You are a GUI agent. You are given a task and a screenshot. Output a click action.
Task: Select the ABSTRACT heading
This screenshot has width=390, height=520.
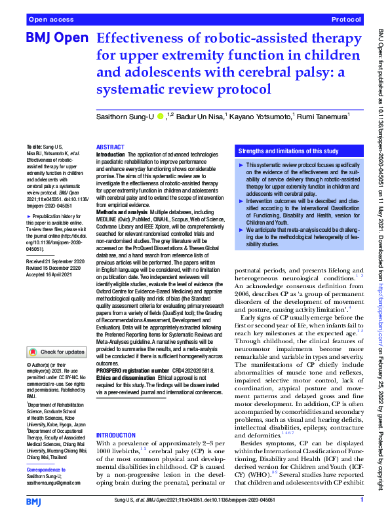tap(109, 148)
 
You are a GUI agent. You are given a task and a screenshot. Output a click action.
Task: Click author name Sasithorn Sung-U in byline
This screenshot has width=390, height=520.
tap(127, 117)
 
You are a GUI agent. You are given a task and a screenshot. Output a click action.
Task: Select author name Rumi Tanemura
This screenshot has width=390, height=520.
tap(323, 117)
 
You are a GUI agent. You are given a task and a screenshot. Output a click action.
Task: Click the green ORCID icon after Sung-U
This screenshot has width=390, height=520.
tap(161, 117)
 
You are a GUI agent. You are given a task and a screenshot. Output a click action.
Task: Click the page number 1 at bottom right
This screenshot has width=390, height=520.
tap(362, 501)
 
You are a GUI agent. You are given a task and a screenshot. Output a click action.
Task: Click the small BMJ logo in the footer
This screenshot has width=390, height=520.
tap(33, 501)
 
